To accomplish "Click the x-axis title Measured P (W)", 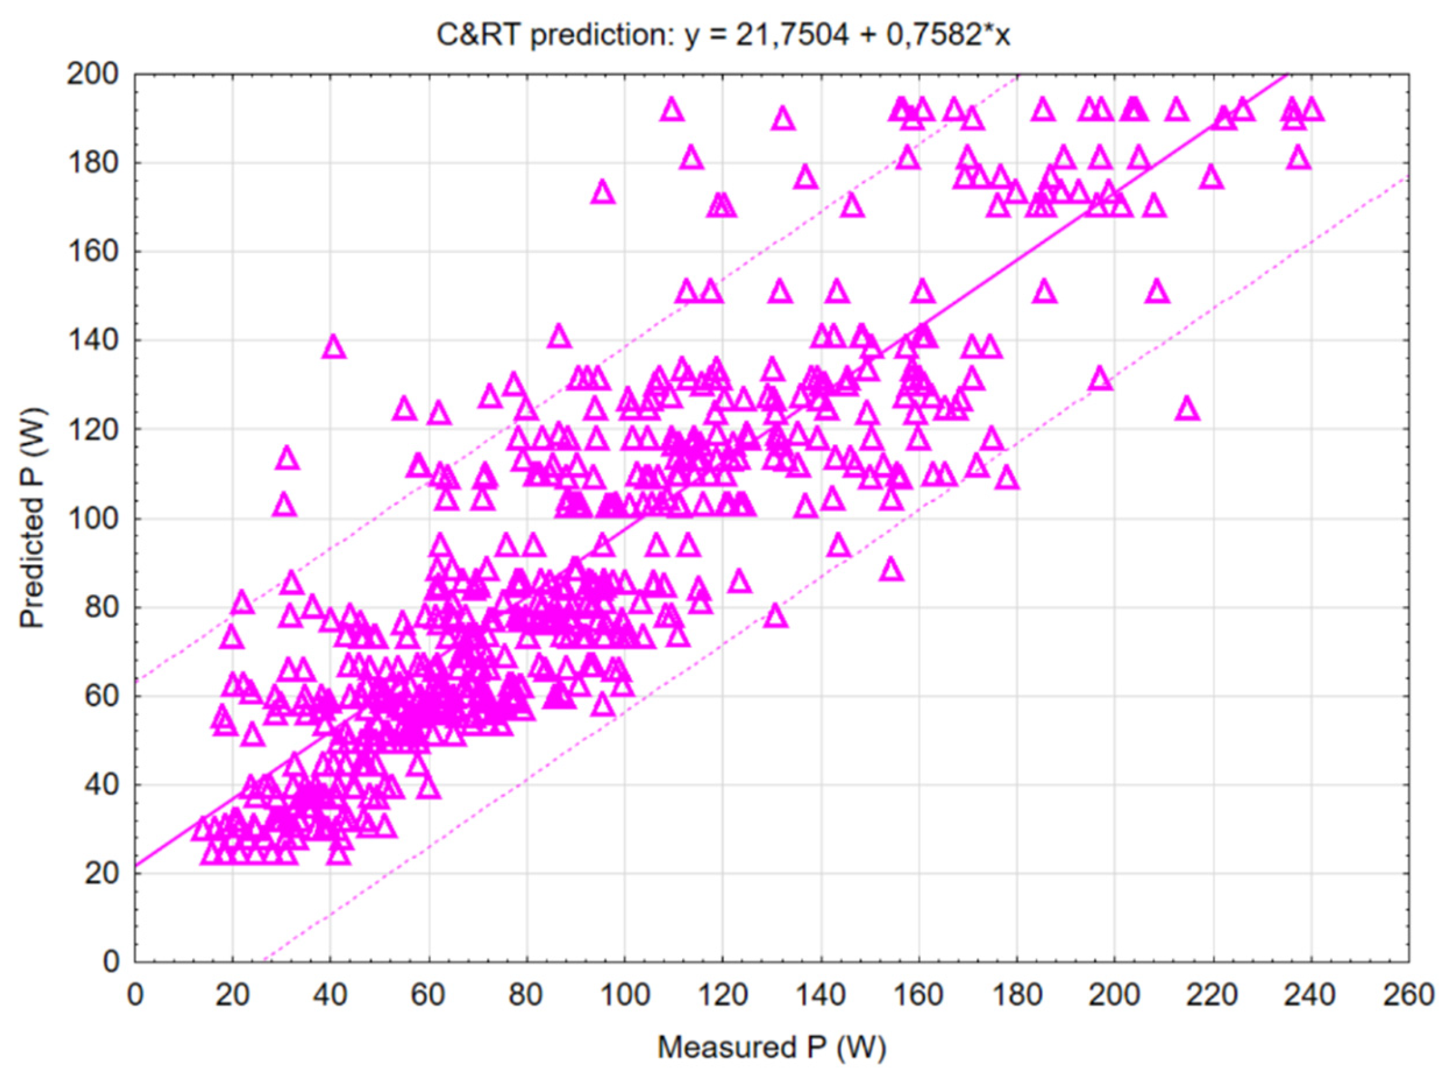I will coord(771,1046).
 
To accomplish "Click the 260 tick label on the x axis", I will coord(1408,995).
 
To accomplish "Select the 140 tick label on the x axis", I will coord(820,995).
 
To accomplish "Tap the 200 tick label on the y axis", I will coord(93,74).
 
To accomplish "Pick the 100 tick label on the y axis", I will coord(93,519).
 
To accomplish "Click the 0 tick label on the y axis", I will coord(111,962).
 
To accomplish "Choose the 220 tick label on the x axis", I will coord(1212,995).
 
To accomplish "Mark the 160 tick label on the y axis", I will coord(93,252).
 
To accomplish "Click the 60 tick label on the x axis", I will coord(428,995).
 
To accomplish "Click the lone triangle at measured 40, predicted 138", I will coord(334,347).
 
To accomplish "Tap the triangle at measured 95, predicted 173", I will coord(603,193).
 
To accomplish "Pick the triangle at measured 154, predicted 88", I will coord(891,570).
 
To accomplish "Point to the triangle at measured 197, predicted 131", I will coord(1101,379).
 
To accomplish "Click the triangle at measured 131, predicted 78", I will coord(776,616).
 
